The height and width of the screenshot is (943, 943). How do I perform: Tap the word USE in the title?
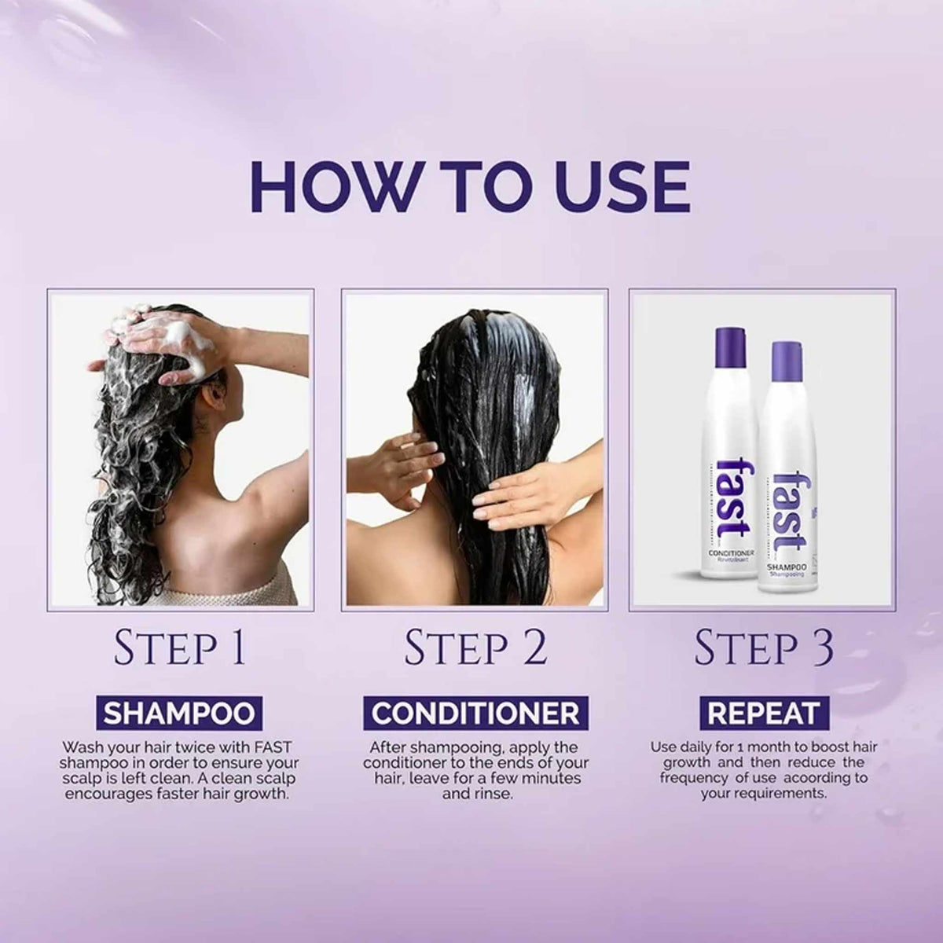pyautogui.click(x=614, y=187)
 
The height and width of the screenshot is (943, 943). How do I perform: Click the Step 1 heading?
pyautogui.click(x=180, y=648)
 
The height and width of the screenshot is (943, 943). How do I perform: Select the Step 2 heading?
pyautogui.click(x=475, y=648)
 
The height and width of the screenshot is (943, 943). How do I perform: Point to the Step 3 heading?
pyautogui.click(x=764, y=648)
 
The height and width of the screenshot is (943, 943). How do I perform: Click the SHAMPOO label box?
pyautogui.click(x=180, y=713)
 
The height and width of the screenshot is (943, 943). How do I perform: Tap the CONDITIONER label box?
pyautogui.click(x=475, y=713)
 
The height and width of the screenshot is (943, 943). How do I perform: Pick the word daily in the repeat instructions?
pyautogui.click(x=699, y=747)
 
